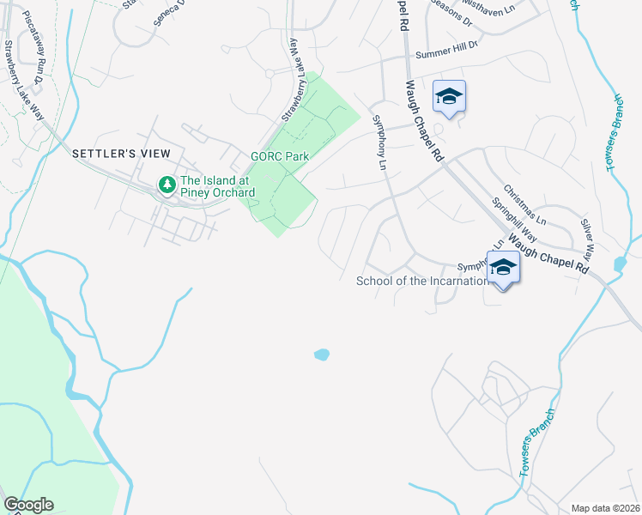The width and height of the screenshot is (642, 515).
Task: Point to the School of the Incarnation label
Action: [x=421, y=281]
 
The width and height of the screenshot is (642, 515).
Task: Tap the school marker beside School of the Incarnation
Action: [x=503, y=268]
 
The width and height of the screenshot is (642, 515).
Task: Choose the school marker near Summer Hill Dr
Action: [x=449, y=96]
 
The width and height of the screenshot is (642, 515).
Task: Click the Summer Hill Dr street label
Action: [x=445, y=54]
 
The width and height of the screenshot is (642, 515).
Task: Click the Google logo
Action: [x=28, y=505]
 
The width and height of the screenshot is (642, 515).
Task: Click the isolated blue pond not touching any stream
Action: [x=322, y=354]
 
